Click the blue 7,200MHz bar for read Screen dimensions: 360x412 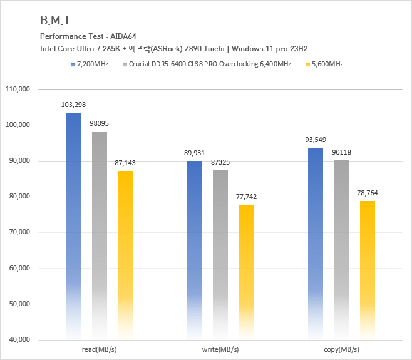74,225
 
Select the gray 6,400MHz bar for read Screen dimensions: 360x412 99,235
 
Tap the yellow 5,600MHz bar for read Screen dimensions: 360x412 125,254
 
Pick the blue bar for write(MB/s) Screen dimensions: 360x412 195,250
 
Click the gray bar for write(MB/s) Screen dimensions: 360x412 220,254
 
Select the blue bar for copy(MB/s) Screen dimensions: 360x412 316,244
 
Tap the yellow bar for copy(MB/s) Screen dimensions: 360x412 367,269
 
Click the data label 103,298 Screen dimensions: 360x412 74,105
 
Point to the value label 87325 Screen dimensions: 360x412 220,162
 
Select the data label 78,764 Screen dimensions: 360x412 367,192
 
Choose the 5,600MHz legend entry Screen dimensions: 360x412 327,64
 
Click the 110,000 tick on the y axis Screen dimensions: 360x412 18,90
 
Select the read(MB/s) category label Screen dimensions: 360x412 99,349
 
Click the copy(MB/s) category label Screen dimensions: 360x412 341,349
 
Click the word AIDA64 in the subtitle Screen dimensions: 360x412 124,36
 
